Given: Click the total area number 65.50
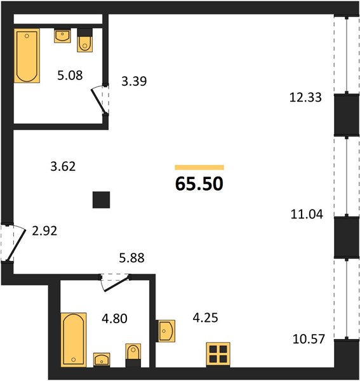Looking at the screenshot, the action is [x=199, y=184].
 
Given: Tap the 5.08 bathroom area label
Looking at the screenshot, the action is [x=70, y=76].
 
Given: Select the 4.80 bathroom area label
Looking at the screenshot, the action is [x=114, y=319].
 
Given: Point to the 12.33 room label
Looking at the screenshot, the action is [x=305, y=97].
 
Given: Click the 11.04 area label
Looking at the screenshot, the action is [x=307, y=215].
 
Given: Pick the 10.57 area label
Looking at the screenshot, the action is [x=309, y=339].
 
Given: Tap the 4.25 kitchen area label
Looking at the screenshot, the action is [x=205, y=317].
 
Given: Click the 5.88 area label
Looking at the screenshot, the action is [x=131, y=258].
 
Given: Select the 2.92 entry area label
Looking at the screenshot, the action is [x=44, y=231].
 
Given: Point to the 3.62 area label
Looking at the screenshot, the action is [x=63, y=166].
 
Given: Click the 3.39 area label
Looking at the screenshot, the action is [x=134, y=81].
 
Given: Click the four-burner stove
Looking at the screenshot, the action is [x=218, y=354].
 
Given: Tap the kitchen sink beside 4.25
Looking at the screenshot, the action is [x=165, y=331].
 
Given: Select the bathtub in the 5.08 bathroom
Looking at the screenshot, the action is [x=27, y=56].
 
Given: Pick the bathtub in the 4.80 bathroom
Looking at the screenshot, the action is [x=74, y=340].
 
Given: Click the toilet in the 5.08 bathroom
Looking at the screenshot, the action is [x=85, y=40].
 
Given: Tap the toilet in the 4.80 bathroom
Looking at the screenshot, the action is [x=133, y=355].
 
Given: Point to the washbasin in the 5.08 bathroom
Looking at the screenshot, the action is [x=62, y=36].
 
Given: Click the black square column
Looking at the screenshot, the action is [x=102, y=200].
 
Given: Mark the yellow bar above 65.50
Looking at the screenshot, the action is [x=199, y=168].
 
